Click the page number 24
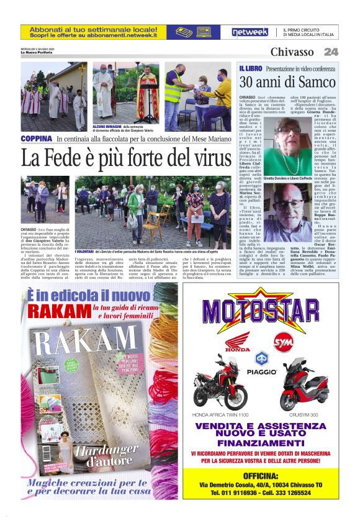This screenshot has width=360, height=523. [x=331, y=52]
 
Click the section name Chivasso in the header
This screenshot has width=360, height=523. [x=292, y=52]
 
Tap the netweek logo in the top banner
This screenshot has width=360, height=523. [x=250, y=32]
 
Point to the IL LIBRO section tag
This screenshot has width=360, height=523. [x=251, y=68]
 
